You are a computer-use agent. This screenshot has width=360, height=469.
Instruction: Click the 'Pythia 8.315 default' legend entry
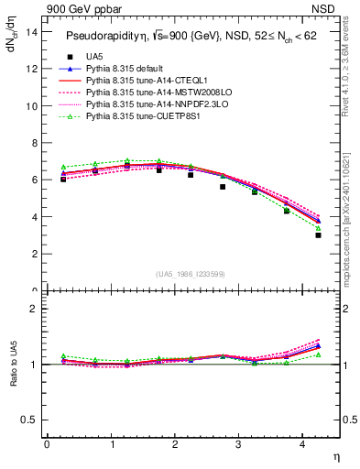click(128, 69)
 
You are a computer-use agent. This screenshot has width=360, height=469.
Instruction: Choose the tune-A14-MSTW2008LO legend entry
click(147, 93)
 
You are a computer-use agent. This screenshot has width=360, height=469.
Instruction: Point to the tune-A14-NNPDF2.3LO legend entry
click(147, 104)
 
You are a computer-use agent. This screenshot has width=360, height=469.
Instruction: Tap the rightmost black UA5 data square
click(318, 235)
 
